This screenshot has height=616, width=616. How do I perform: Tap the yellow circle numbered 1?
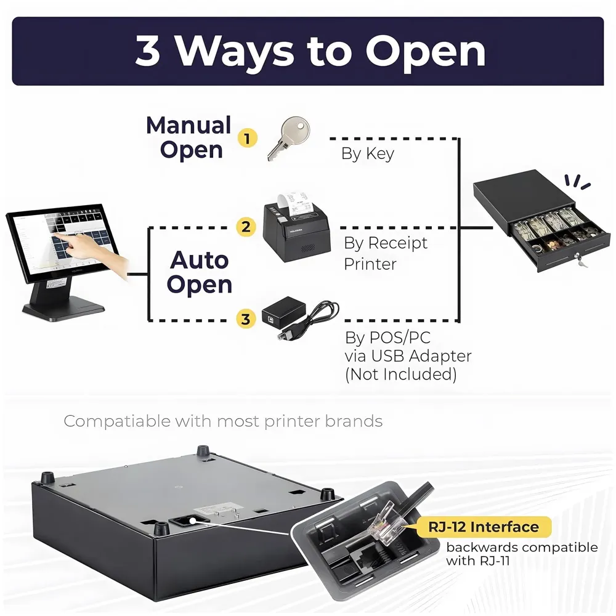(247, 138)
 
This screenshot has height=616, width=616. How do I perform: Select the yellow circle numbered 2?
(246, 227)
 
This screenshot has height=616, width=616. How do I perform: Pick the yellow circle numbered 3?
(246, 318)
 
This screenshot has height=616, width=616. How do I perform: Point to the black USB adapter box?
(283, 312)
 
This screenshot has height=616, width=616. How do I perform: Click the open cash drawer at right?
(541, 222)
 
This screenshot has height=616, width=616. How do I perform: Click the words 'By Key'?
(367, 153)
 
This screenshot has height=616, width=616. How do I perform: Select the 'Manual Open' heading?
(189, 137)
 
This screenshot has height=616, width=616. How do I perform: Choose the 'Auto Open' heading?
(199, 272)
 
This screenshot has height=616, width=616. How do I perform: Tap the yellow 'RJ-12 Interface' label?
(484, 527)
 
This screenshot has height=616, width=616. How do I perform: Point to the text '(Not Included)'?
(401, 374)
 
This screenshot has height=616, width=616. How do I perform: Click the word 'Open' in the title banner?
(426, 52)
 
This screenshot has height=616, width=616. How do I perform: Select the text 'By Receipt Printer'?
(386, 253)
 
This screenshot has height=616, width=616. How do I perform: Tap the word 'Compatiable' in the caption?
(117, 421)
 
